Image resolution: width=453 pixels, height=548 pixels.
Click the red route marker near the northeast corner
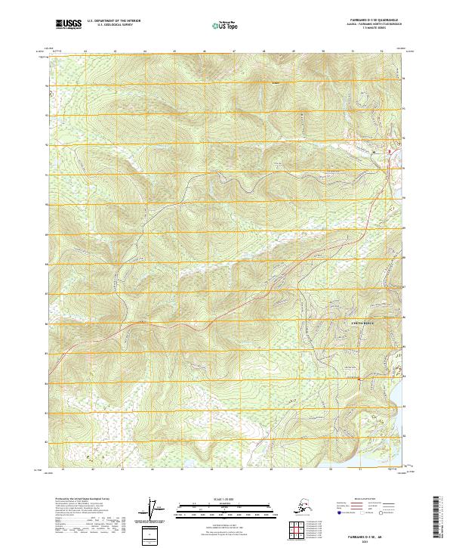pos(390,151)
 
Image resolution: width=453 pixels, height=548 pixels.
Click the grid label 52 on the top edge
pos(382,51)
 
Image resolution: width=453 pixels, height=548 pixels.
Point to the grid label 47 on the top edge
pos(234,51)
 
